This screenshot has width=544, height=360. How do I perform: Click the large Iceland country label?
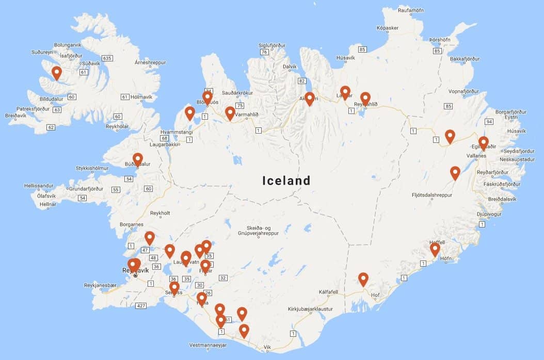[x=286, y=181]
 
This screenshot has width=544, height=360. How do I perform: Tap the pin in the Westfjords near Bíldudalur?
[x=56, y=73]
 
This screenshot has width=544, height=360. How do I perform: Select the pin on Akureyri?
[x=309, y=99]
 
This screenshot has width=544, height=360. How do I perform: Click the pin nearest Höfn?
[x=435, y=250]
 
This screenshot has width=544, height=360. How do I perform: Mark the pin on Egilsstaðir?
[x=483, y=143]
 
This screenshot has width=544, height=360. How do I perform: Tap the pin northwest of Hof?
[x=363, y=279]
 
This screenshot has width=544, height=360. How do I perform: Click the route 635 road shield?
[x=107, y=58]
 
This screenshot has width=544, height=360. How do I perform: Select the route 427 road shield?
[x=140, y=306]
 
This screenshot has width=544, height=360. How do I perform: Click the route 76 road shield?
[x=264, y=52]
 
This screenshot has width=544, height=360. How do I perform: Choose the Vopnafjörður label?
[x=464, y=92]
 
